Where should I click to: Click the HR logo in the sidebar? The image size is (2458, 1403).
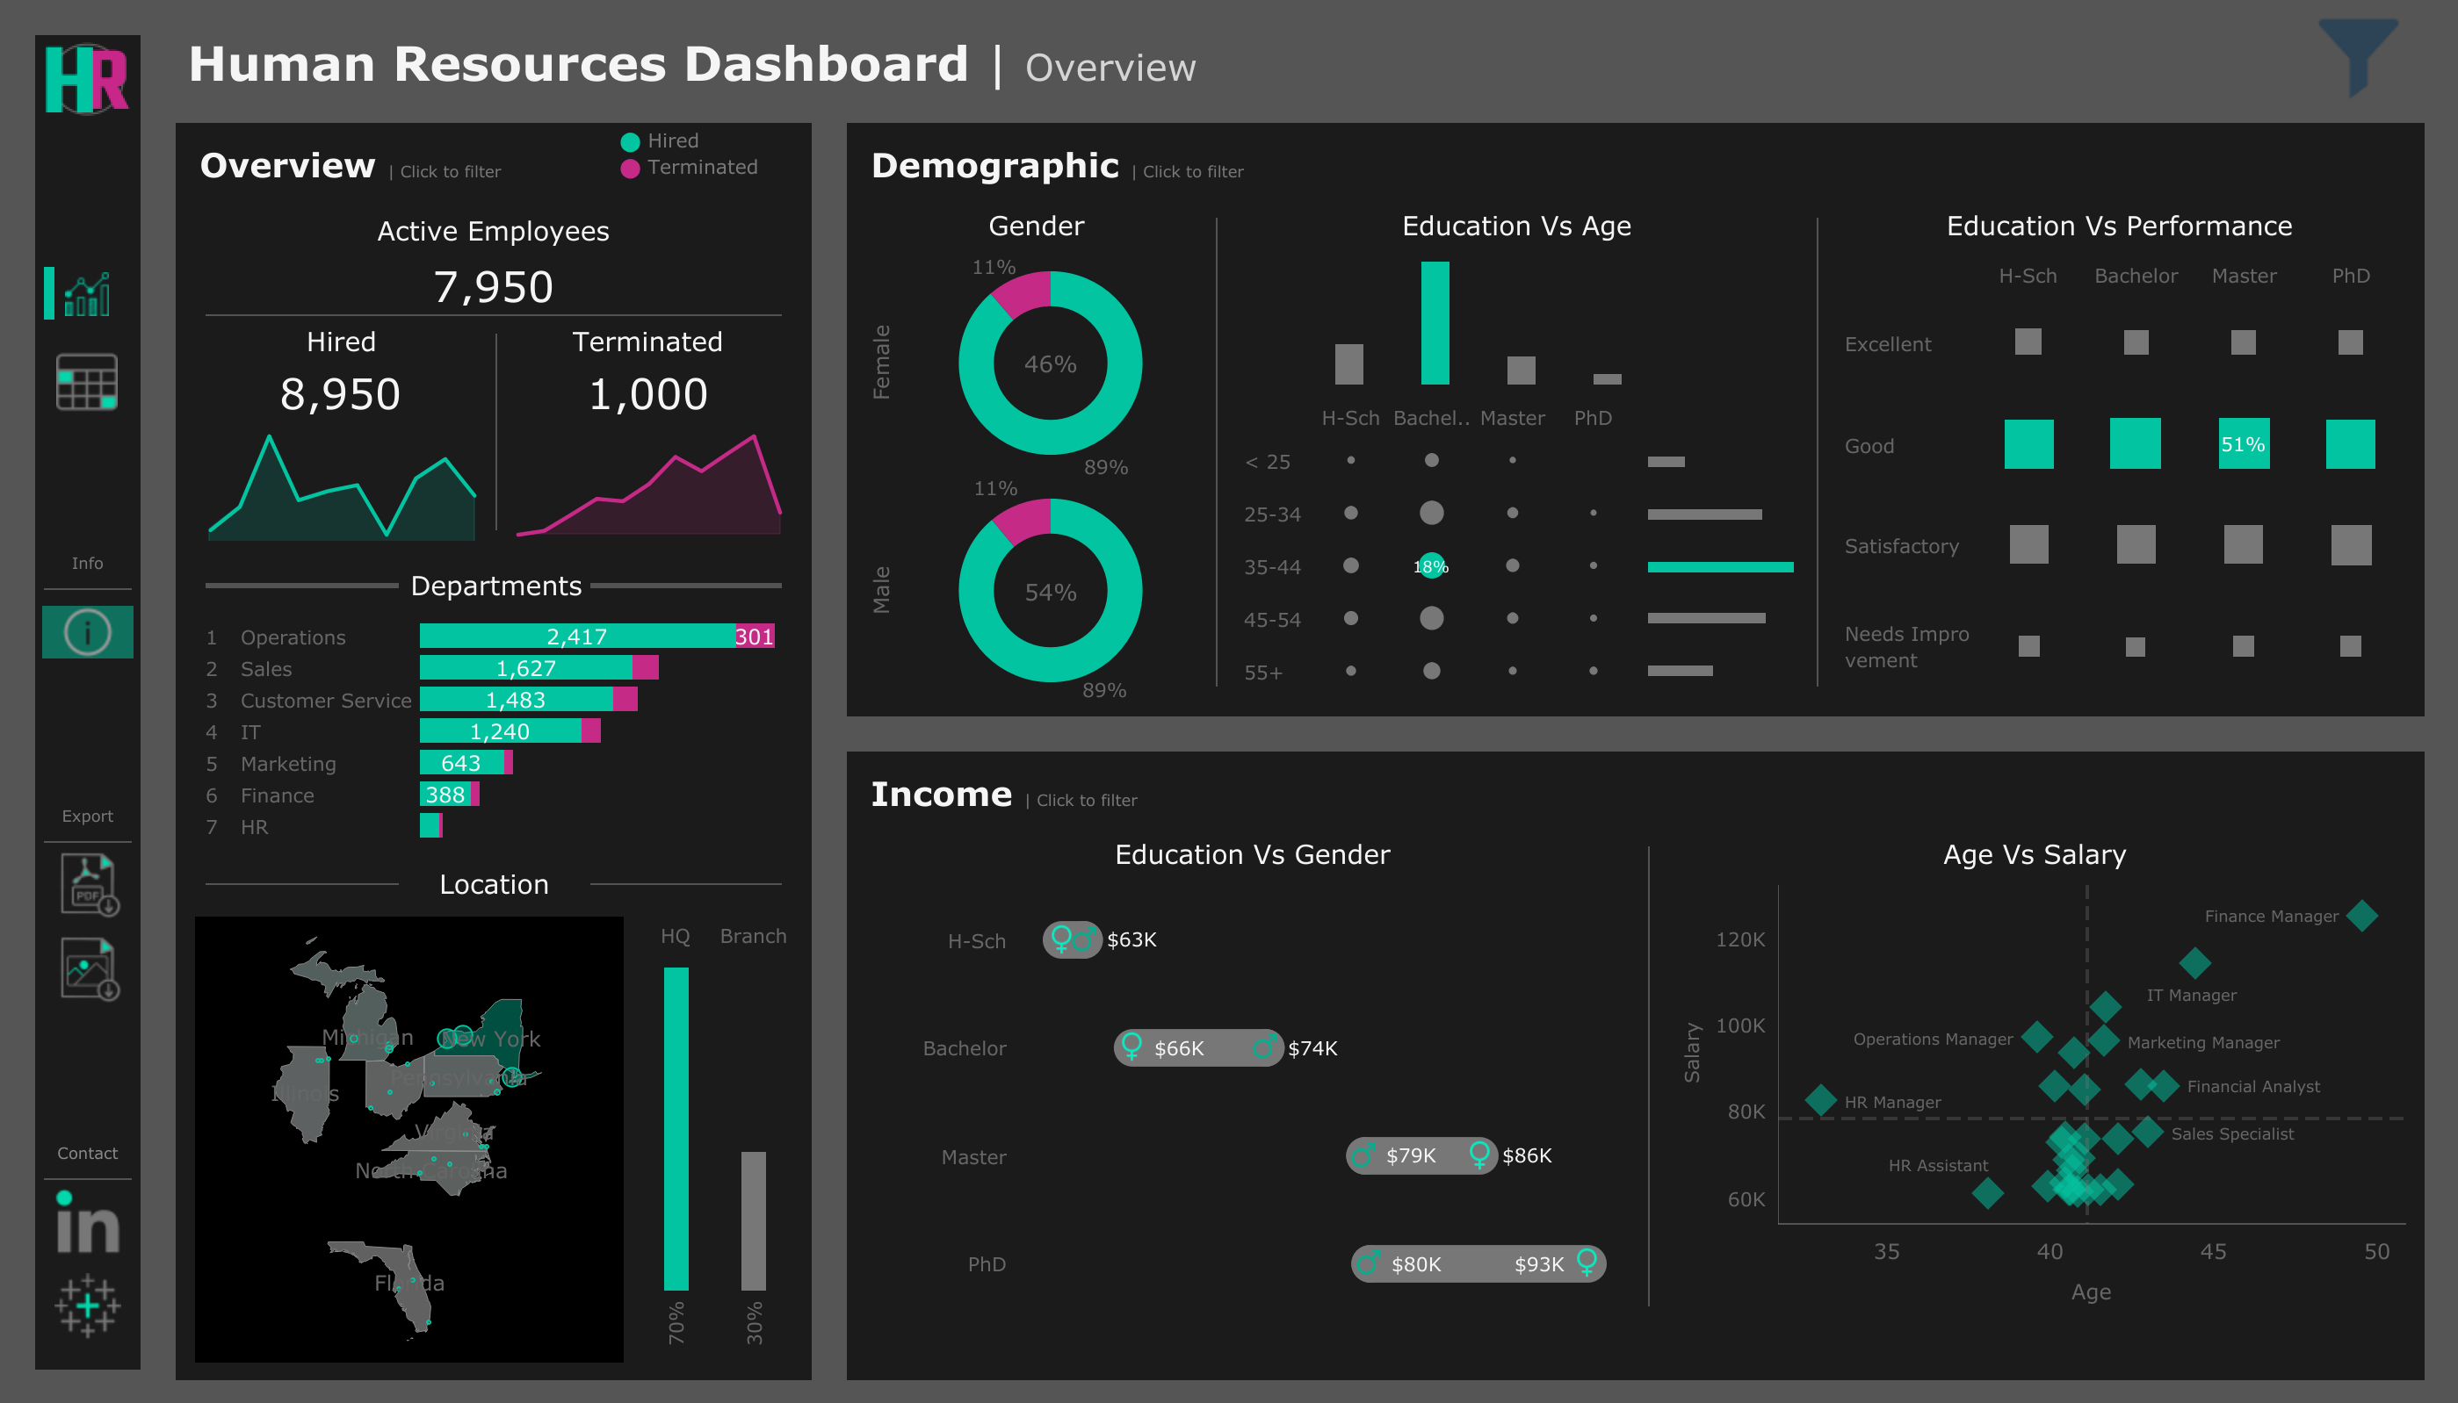pos(87,79)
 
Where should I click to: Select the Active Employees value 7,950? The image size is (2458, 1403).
pos(493,287)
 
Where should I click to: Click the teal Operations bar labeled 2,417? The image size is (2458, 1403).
pos(576,636)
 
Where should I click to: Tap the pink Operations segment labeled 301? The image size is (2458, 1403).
pos(754,636)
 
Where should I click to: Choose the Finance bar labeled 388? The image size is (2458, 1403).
pos(445,795)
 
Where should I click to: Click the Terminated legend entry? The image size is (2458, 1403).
pos(701,168)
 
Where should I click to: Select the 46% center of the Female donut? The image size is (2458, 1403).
pos(1050,364)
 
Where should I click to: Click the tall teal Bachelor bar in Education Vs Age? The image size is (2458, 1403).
pos(1435,323)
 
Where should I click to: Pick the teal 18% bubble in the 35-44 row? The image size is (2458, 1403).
pos(1431,566)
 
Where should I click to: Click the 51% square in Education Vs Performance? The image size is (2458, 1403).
pos(2243,444)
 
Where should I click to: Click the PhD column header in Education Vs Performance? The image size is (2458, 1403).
pos(2350,277)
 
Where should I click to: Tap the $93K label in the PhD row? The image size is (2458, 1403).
pos(1538,1264)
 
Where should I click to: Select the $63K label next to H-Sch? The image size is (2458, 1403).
pos(1131,939)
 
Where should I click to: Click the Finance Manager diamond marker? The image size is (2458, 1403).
pos(2361,916)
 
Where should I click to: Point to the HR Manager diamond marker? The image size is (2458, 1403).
pos(1820,1099)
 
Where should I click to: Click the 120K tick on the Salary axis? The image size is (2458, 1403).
pos(1740,939)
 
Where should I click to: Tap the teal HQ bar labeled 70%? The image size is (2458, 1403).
pos(676,1127)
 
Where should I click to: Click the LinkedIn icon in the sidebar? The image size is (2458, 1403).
pos(87,1224)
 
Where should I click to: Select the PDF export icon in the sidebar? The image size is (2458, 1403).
pos(89,883)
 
